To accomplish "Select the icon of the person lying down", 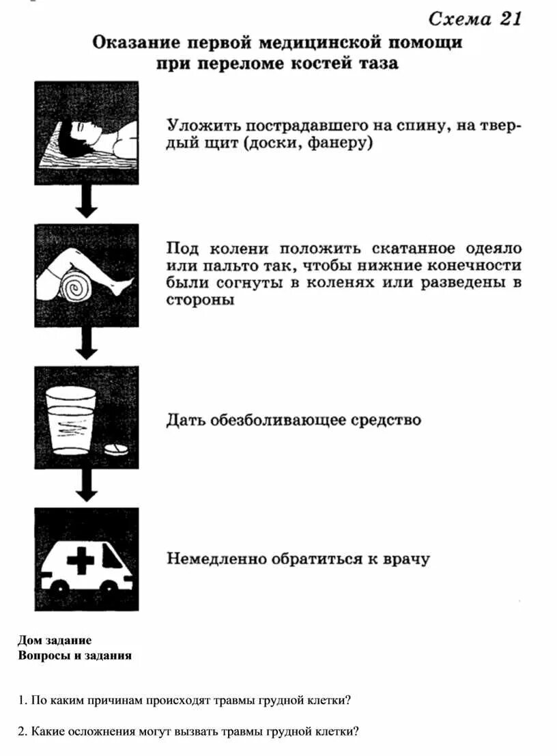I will (87, 132).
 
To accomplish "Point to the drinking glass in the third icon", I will (70, 419).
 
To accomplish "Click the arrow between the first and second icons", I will (86, 201).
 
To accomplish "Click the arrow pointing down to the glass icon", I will (86, 344).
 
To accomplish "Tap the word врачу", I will (405, 559).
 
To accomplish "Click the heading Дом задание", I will (55, 641).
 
